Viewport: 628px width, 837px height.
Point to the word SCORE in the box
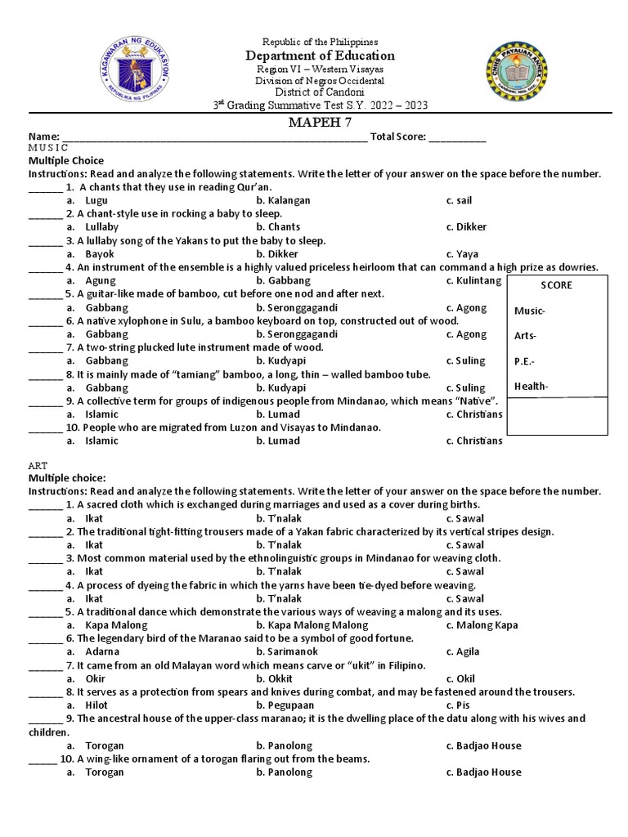[557, 285]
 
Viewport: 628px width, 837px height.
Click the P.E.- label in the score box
[526, 361]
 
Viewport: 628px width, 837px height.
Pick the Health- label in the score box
[531, 387]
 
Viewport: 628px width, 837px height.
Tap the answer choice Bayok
[99, 254]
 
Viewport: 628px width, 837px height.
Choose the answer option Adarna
[101, 651]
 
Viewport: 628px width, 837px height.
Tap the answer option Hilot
[96, 705]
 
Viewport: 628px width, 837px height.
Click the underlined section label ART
[38, 464]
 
